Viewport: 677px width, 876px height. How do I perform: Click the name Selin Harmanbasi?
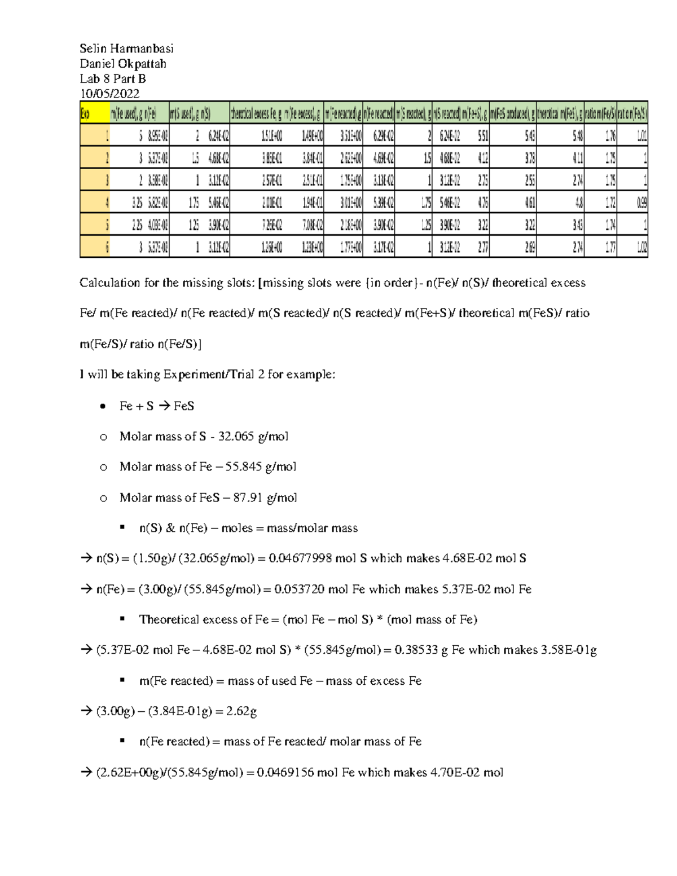[x=126, y=49]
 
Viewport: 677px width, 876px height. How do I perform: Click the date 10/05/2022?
[x=109, y=94]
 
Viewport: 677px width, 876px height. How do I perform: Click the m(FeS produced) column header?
[x=512, y=113]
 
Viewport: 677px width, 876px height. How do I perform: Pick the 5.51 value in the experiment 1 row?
[x=483, y=136]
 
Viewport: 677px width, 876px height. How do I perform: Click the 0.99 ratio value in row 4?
[x=641, y=202]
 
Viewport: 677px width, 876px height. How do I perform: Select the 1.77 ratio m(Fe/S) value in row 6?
[x=610, y=246]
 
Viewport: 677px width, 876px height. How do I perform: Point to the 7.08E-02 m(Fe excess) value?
[x=311, y=224]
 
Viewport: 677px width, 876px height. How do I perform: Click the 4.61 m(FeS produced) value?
[x=530, y=202]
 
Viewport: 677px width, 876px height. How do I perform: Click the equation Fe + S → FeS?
[x=157, y=406]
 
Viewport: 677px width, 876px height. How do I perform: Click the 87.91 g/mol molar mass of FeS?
[x=265, y=498]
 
